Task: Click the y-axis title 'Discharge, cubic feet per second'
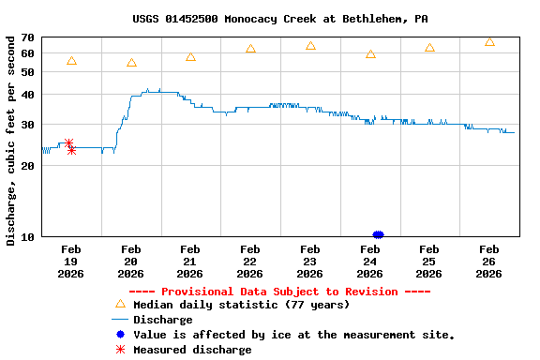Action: tap(11, 141)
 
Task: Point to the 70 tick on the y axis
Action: tap(28, 37)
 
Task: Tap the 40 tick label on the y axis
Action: tap(28, 95)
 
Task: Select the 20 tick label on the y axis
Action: tap(28, 165)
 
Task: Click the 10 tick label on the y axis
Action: tap(28, 236)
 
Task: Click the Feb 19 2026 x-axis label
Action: tap(71, 262)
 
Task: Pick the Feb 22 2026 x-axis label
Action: tap(250, 262)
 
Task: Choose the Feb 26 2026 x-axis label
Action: tap(488, 262)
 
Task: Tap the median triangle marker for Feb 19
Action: tap(71, 61)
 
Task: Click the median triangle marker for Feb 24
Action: tap(370, 54)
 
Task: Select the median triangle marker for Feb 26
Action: tap(489, 42)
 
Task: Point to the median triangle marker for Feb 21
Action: tap(190, 57)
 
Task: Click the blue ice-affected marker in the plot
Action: tap(378, 234)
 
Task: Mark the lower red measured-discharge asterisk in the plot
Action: tap(71, 150)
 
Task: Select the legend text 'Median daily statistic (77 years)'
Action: tap(241, 305)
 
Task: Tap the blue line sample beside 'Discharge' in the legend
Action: tap(119, 320)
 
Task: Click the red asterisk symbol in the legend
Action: tap(119, 350)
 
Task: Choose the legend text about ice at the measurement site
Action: tap(293, 335)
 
